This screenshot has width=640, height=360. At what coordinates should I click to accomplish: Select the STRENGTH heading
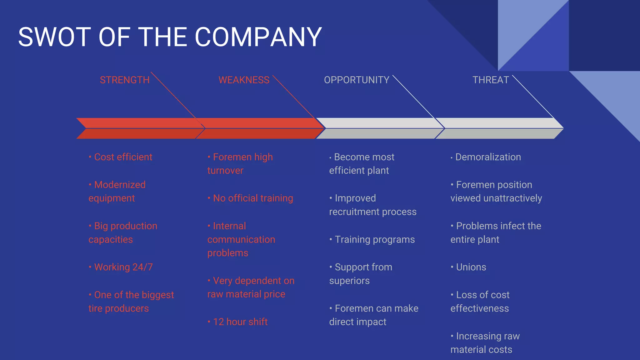point(125,80)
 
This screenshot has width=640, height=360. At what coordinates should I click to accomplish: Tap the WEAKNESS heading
point(244,80)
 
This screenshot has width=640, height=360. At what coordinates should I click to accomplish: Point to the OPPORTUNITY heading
point(357,80)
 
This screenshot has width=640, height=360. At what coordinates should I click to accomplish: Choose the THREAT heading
point(491,80)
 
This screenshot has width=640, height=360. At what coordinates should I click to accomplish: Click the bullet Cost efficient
point(123,157)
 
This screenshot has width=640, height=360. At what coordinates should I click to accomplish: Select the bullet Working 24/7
point(123,267)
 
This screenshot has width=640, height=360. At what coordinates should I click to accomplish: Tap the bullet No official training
point(252,198)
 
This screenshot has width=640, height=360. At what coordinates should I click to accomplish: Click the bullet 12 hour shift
point(240,322)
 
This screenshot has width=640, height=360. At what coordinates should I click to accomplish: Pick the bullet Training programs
point(374,240)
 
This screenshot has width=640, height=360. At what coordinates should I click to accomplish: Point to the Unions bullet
point(471,267)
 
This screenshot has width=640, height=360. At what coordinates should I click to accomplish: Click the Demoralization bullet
point(488,157)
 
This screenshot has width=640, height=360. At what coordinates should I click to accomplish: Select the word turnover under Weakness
point(225,171)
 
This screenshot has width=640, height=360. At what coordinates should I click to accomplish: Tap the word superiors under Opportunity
point(349,281)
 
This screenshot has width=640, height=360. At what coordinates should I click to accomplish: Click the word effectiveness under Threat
point(480,308)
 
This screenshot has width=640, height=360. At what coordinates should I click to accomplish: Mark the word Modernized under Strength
point(120,185)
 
